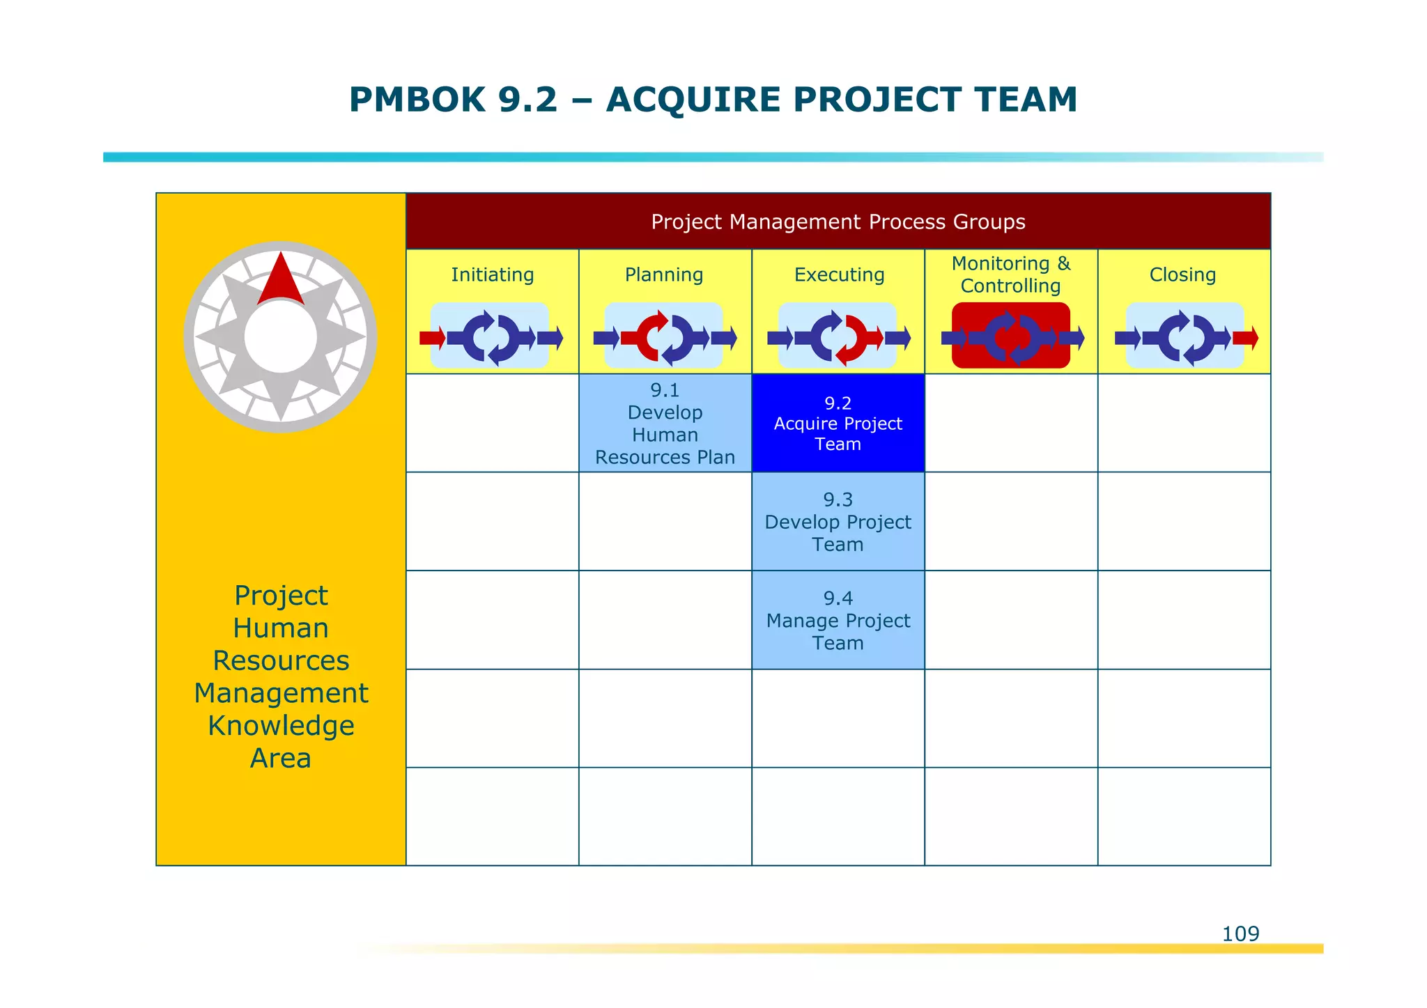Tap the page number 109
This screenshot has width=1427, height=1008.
(x=1240, y=933)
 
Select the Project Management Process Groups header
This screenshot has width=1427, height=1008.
(x=838, y=222)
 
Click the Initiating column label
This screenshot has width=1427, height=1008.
(x=492, y=274)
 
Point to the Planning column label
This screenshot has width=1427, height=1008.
(x=664, y=274)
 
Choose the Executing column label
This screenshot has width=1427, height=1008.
(x=839, y=274)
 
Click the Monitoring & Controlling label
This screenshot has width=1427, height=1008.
(x=1010, y=274)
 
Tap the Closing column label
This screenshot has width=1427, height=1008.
(x=1182, y=274)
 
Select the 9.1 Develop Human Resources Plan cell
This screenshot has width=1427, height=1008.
(x=665, y=424)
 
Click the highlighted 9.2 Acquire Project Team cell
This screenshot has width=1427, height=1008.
(x=838, y=424)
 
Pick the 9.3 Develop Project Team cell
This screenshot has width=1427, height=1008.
(x=838, y=522)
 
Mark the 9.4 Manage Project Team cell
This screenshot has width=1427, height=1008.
(x=838, y=620)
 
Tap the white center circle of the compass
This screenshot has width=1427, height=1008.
(x=281, y=337)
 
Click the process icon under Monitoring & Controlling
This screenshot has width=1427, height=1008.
(x=1010, y=336)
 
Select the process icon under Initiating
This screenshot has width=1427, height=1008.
(x=491, y=336)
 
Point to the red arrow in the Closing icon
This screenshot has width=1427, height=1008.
(x=1245, y=339)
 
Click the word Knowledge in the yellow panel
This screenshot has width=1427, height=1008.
(x=281, y=726)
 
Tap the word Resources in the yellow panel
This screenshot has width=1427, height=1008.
(x=281, y=660)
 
